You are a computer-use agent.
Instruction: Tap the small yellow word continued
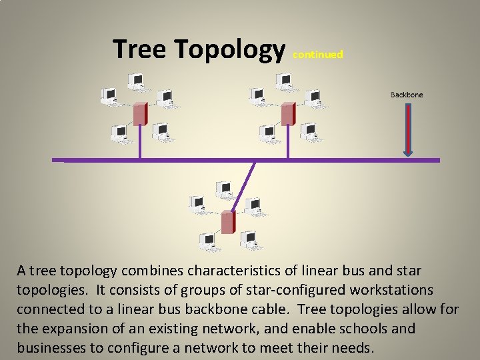click(x=318, y=55)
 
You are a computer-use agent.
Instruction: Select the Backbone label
click(x=407, y=95)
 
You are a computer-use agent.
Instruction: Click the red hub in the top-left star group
click(x=139, y=114)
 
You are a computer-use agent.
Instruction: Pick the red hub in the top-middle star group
click(x=288, y=114)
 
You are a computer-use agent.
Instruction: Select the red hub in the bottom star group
click(x=228, y=221)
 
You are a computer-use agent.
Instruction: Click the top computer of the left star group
click(x=138, y=81)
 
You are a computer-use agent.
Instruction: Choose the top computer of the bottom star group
click(x=223, y=189)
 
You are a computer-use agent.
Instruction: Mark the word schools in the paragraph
click(x=368, y=329)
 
